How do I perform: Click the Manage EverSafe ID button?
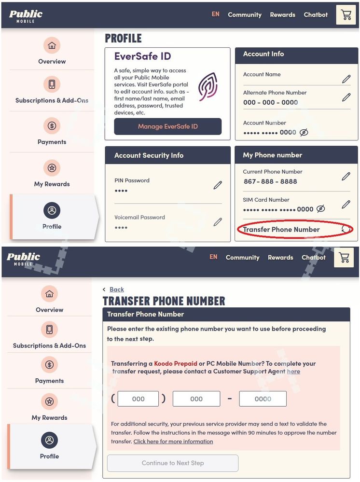[x=167, y=126]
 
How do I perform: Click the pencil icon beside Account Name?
[x=346, y=79]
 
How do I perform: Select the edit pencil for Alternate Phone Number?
[x=346, y=97]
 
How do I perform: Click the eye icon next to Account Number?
[x=304, y=132]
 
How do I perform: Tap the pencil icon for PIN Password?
[x=218, y=185]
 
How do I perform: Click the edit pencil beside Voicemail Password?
[x=218, y=222]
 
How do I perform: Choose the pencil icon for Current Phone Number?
[x=346, y=177]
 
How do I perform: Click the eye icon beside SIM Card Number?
[x=320, y=209]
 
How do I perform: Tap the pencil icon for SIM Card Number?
[x=346, y=205]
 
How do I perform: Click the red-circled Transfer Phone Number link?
[x=281, y=230]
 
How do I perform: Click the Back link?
[x=116, y=289]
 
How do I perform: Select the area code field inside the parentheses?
[x=138, y=399]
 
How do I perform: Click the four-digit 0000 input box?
[x=263, y=399]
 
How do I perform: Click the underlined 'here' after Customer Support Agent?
[x=293, y=372]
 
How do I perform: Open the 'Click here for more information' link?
[x=173, y=441]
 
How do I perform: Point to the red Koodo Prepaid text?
[x=176, y=363]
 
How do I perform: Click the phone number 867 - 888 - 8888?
[x=270, y=181]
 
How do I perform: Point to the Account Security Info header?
[x=149, y=155]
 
